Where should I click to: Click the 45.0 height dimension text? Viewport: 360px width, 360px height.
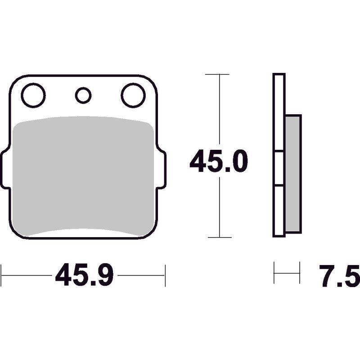pyautogui.click(x=219, y=161)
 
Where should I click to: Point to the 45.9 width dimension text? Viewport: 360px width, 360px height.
pyautogui.click(x=84, y=274)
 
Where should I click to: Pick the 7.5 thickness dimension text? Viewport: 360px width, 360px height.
pyautogui.click(x=339, y=276)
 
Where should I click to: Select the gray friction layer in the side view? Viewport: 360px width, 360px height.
pyautogui.click(x=293, y=174)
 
